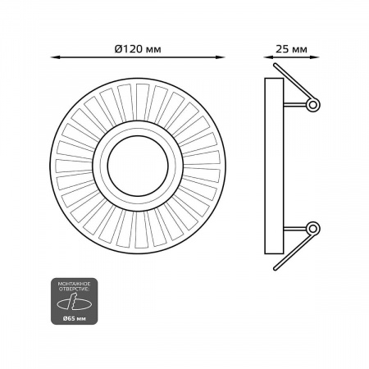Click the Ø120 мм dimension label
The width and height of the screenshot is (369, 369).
[x=138, y=49]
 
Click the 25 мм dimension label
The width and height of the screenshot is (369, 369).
[x=291, y=49]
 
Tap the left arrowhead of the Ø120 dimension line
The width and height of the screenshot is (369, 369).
[x=55, y=57]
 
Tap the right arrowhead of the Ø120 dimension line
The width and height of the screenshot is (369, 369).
[x=221, y=57]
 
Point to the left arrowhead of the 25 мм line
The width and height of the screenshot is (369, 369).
[x=268, y=57]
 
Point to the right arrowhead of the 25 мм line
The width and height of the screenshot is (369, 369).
[x=315, y=57]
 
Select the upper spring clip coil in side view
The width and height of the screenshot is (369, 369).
[x=313, y=105]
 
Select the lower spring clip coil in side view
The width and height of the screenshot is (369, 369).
[x=313, y=228]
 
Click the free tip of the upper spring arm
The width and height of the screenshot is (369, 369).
[x=276, y=65]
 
